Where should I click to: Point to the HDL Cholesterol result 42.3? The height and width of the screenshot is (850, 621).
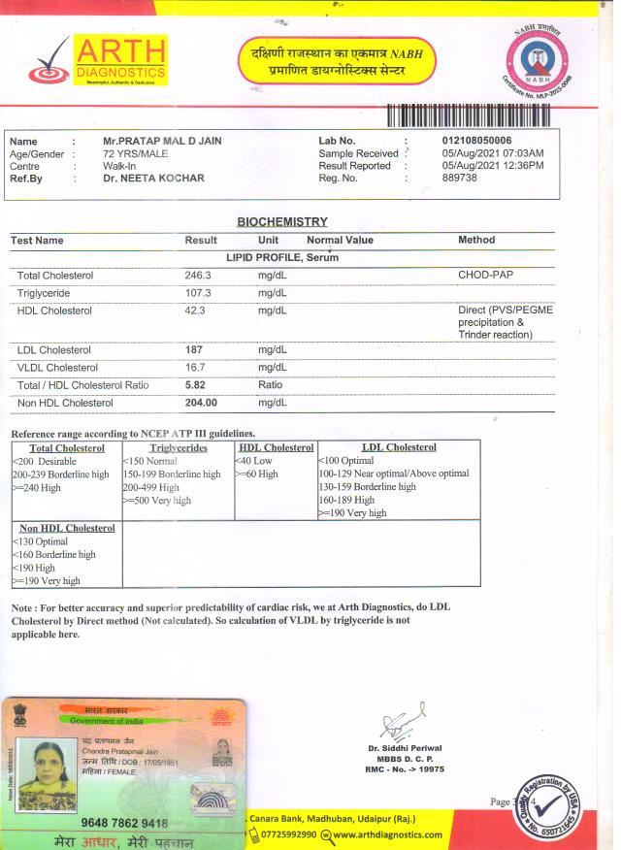195,311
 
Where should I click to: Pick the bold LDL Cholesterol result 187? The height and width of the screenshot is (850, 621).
194,349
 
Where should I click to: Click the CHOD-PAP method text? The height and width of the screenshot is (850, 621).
485,276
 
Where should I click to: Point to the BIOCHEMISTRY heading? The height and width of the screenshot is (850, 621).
282,222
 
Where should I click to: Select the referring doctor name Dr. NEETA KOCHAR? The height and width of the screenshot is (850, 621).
153,179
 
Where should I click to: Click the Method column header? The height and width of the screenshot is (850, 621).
476,240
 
